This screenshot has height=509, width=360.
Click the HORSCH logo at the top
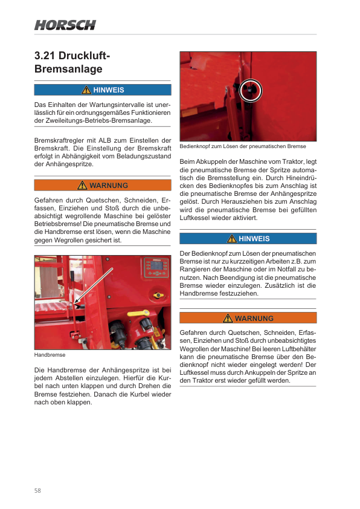tap(65, 25)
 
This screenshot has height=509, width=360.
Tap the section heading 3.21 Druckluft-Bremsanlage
tap(72, 62)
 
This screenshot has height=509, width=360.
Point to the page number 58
tap(37, 490)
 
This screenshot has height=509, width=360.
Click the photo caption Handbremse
tap(50, 355)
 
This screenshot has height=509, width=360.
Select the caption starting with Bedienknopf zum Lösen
tap(243, 146)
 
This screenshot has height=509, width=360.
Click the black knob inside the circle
tap(250, 90)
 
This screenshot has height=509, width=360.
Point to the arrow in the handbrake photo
tap(94, 286)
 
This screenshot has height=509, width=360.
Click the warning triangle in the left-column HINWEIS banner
tap(86, 90)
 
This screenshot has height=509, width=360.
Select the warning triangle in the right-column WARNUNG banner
tap(228, 318)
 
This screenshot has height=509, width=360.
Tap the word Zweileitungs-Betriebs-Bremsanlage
tap(98, 120)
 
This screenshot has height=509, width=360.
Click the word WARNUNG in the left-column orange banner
tap(109, 186)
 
